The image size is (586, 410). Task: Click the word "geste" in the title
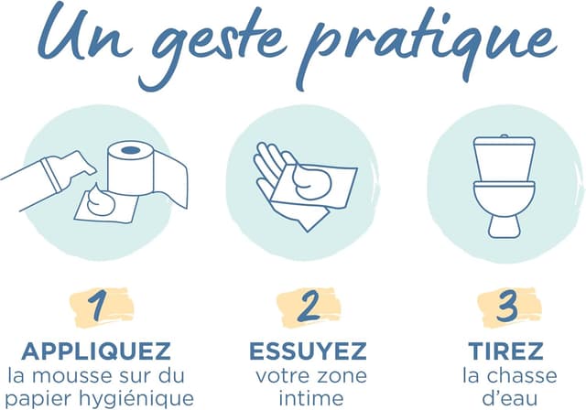[x=221, y=49]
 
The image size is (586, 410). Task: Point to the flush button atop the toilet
[x=505, y=136]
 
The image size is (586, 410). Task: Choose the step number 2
[x=309, y=307]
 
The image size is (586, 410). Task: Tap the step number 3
[x=507, y=307]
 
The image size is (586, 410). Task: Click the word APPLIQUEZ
[x=96, y=351]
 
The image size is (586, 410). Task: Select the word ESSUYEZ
[x=308, y=351]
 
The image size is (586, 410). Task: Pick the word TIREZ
[x=505, y=351]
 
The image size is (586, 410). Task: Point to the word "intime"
[x=311, y=398]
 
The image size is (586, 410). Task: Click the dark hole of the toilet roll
[x=130, y=150]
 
